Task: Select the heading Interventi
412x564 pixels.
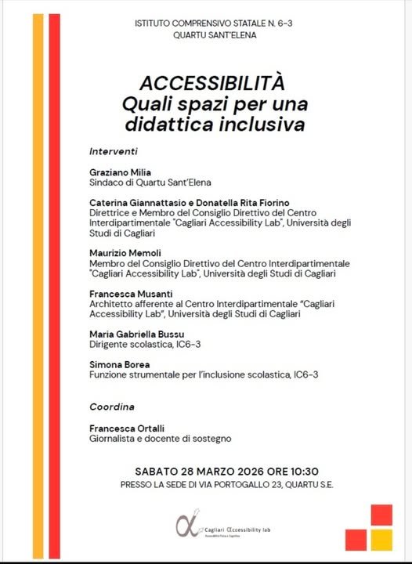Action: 114,150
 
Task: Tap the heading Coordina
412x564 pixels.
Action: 112,407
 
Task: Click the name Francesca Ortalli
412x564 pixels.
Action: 127,429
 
